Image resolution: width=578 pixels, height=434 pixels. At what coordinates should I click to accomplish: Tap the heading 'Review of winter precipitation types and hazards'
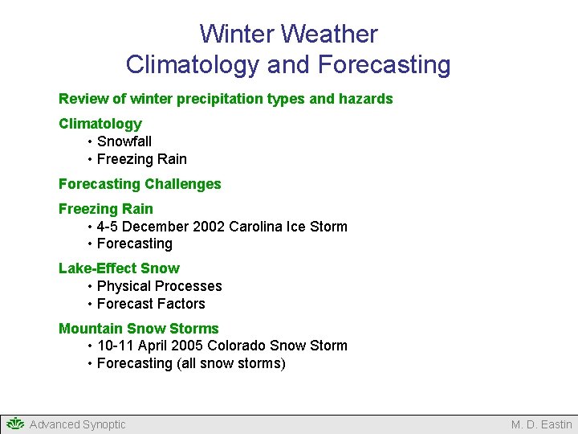[x=226, y=99]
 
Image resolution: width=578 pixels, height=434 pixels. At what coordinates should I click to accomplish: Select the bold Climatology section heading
[x=100, y=124]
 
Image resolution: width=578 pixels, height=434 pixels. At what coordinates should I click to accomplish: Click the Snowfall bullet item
[x=124, y=141]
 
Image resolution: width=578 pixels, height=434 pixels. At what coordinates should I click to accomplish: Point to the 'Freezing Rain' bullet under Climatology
[x=141, y=159]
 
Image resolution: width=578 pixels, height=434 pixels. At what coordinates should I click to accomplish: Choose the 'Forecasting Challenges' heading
[x=140, y=184]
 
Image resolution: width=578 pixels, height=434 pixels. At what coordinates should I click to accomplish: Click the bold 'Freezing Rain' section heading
[x=105, y=209]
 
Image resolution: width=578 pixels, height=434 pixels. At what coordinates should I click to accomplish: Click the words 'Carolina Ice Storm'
[x=288, y=227]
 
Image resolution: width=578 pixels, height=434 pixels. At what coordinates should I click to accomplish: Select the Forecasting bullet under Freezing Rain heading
[x=134, y=244]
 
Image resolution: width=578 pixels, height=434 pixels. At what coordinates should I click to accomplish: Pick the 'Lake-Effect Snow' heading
[x=119, y=268]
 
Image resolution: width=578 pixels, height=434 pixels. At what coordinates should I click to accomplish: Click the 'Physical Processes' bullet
[x=159, y=286]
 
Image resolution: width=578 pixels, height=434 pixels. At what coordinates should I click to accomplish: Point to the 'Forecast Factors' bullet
[x=151, y=304]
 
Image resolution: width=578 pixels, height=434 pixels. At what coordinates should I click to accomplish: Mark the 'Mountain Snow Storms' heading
[x=138, y=329]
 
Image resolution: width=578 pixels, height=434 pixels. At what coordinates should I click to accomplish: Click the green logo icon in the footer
[x=15, y=424]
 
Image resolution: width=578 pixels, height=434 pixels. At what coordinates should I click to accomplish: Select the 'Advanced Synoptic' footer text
[x=77, y=424]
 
